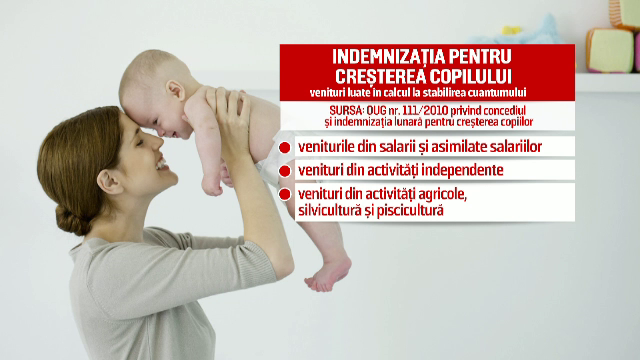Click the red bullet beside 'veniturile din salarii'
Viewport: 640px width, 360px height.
pyautogui.click(x=286, y=147)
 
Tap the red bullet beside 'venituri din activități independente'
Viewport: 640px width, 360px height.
pyautogui.click(x=286, y=171)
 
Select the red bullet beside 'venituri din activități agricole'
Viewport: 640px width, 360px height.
pyautogui.click(x=286, y=195)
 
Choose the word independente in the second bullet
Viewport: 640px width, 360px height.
pyautogui.click(x=461, y=170)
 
